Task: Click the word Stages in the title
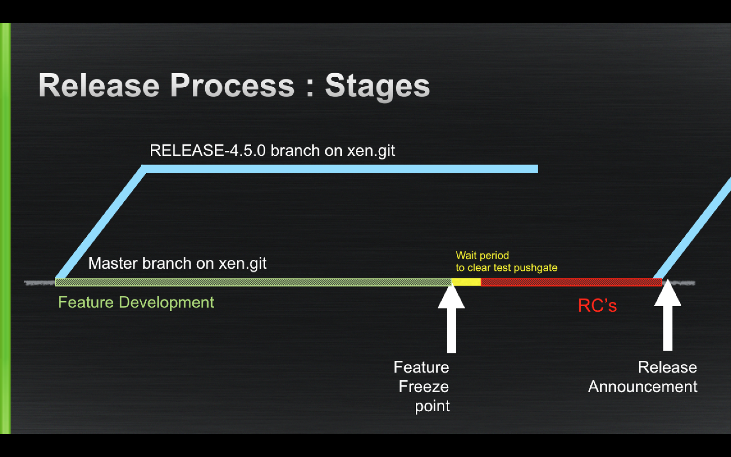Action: [377, 86]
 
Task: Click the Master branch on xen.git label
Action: [177, 263]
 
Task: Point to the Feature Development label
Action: [136, 303]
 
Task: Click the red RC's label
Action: [597, 306]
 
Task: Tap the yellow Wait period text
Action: [482, 255]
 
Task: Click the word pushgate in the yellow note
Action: [535, 268]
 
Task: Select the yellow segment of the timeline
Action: [466, 282]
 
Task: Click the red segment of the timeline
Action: [571, 282]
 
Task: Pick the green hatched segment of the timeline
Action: [251, 282]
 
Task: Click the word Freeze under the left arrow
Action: [424, 387]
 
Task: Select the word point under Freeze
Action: [432, 406]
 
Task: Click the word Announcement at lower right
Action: [642, 387]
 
